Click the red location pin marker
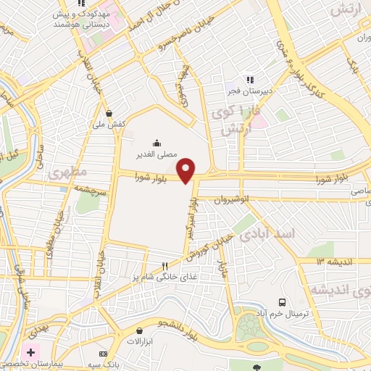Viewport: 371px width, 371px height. (x=186, y=170)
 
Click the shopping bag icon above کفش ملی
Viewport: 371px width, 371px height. (x=109, y=113)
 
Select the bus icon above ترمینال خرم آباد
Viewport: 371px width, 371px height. (x=282, y=302)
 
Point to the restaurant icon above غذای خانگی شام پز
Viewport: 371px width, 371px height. (x=164, y=266)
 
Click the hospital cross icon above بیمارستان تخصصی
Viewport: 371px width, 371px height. (x=31, y=351)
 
